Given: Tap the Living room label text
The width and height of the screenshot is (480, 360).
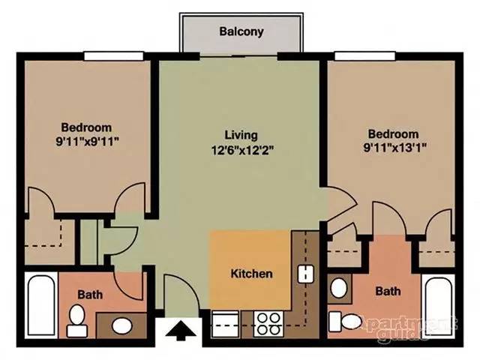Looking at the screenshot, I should [x=241, y=135].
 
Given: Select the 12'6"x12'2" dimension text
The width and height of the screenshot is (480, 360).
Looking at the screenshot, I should [x=241, y=148].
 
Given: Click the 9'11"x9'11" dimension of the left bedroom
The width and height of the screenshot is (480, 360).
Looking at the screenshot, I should [x=86, y=140].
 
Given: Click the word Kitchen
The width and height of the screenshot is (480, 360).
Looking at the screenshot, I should [x=250, y=274].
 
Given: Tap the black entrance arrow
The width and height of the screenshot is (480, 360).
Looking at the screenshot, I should [x=181, y=328].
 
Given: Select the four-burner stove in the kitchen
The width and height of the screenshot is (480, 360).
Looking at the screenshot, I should [x=268, y=323].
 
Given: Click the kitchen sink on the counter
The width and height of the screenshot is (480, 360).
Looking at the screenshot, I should [x=305, y=274].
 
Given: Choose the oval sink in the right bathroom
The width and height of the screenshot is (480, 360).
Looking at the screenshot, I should [x=338, y=287].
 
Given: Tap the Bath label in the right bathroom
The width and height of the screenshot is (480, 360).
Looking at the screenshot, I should [x=388, y=290].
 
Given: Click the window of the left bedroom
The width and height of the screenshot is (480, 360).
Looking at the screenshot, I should [x=113, y=54].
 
